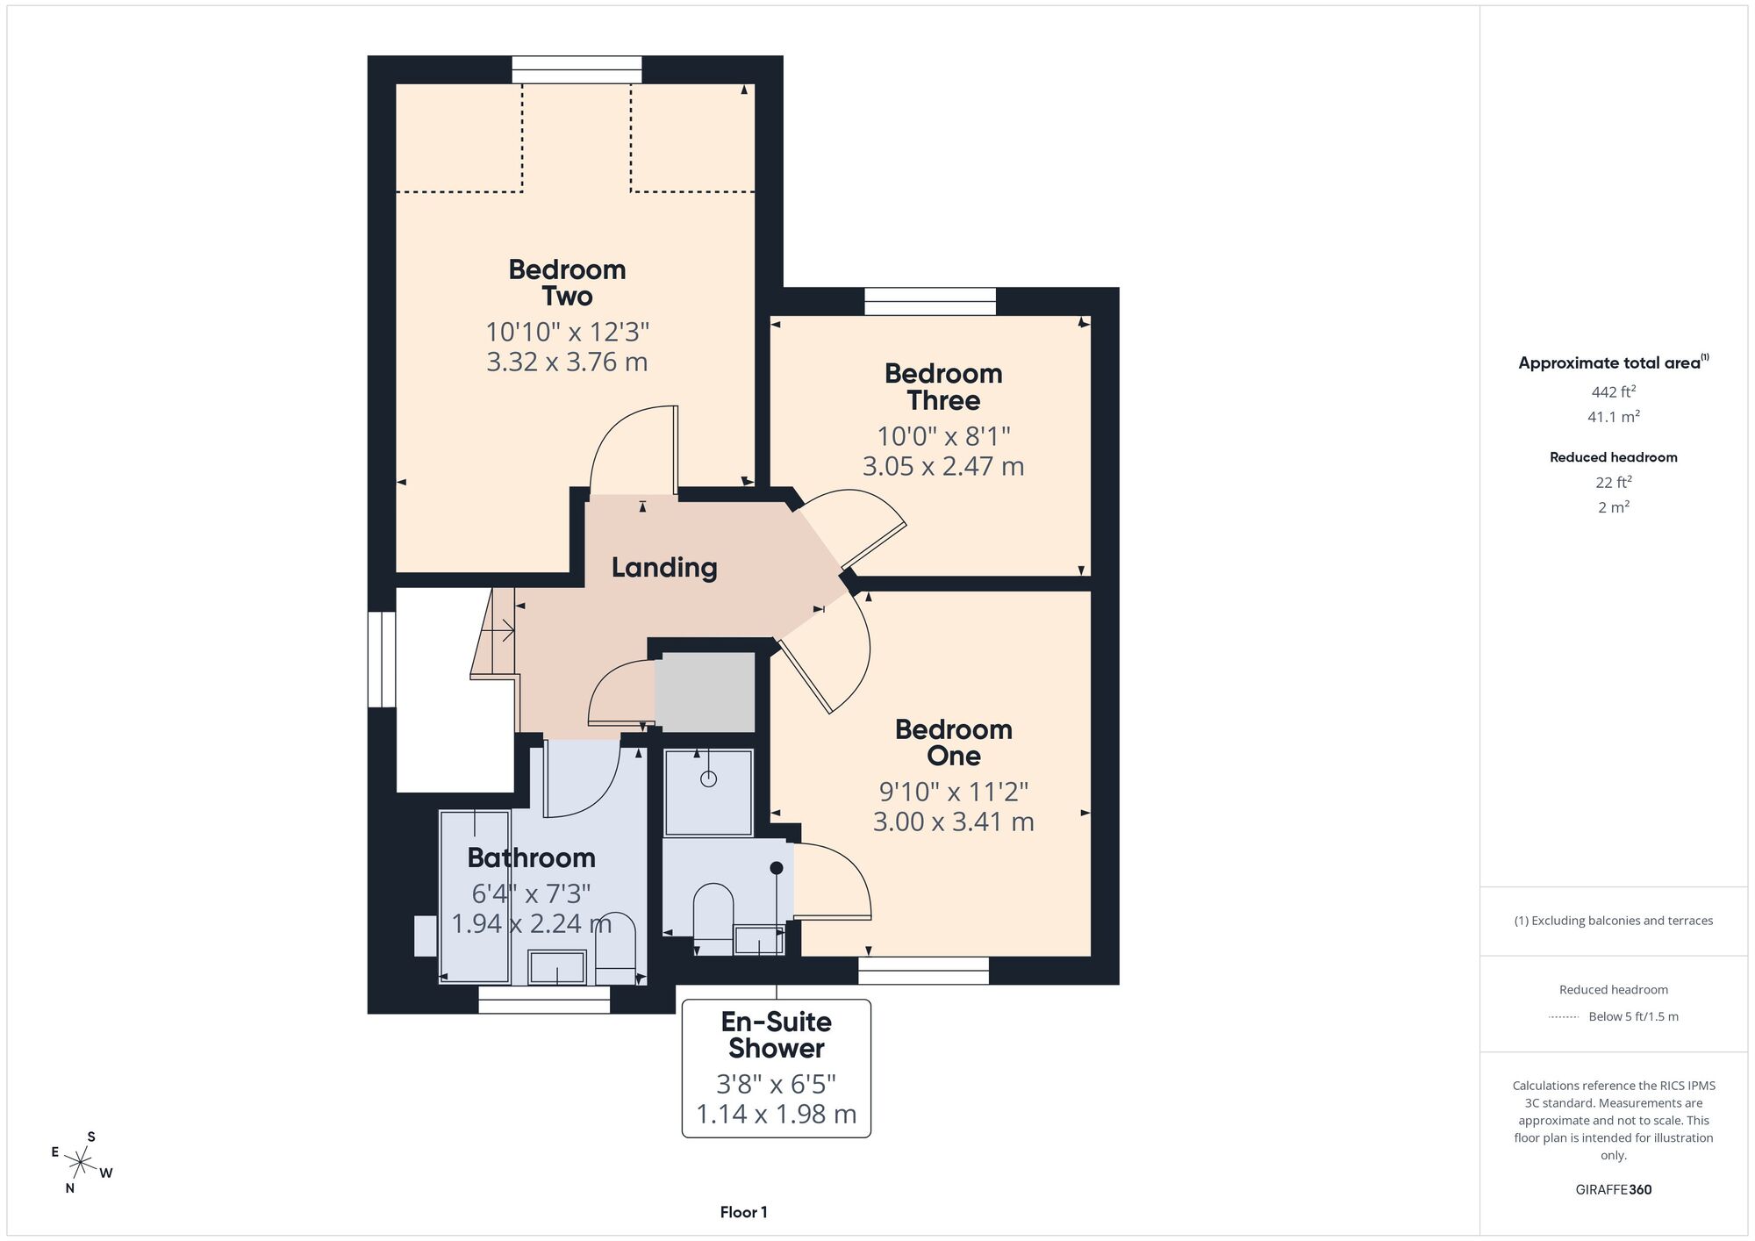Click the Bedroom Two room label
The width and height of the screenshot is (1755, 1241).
coord(567,283)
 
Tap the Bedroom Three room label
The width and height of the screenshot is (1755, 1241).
coord(943,387)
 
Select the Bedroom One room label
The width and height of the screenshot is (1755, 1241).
coord(954,742)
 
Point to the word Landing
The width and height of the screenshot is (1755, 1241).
coord(664,568)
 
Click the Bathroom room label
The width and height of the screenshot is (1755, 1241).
coord(531,857)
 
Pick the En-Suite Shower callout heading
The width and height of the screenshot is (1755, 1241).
coord(777,1035)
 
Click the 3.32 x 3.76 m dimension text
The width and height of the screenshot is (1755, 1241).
coord(567,362)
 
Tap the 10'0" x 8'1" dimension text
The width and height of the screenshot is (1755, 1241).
coord(943,436)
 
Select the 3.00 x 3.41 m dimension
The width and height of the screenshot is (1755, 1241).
coord(954,822)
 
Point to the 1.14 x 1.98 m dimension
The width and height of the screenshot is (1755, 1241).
coord(777,1114)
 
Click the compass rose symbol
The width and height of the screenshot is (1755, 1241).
coord(81,1164)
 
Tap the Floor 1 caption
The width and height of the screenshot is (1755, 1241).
coord(743,1212)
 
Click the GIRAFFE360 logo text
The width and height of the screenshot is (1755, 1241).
coord(1614,1190)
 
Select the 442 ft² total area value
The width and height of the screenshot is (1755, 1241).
coord(1614,391)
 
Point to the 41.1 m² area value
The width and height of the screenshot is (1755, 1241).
coord(1614,416)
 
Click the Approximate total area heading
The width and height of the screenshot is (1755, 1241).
coord(1614,362)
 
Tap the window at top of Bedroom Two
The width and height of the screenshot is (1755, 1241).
coord(577,70)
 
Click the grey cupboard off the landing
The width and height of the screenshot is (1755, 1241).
coord(706,692)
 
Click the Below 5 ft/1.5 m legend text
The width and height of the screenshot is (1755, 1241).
coord(1633,1016)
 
